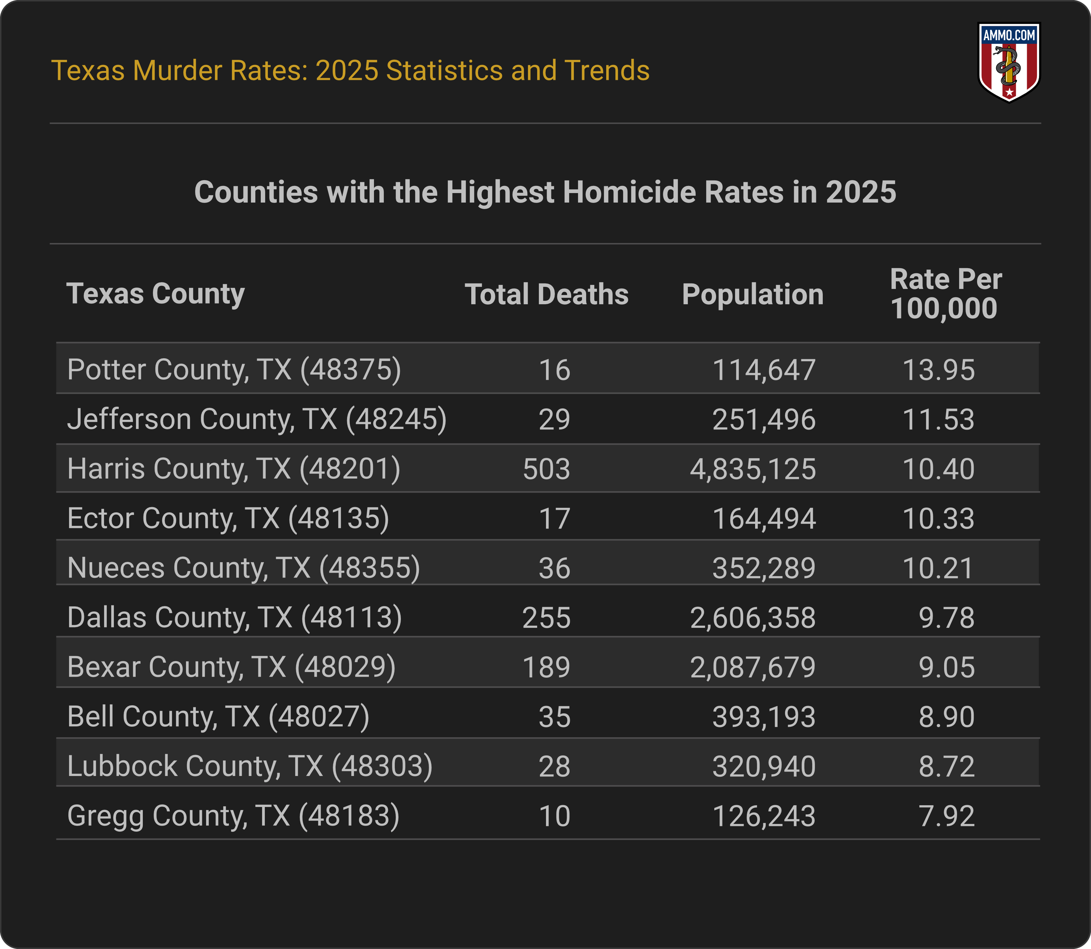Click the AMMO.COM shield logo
(1009, 62)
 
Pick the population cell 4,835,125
(753, 469)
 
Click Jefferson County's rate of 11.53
(938, 419)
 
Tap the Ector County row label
(228, 518)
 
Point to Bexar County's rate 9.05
(947, 667)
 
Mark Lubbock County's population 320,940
(764, 766)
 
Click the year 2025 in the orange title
(346, 70)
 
